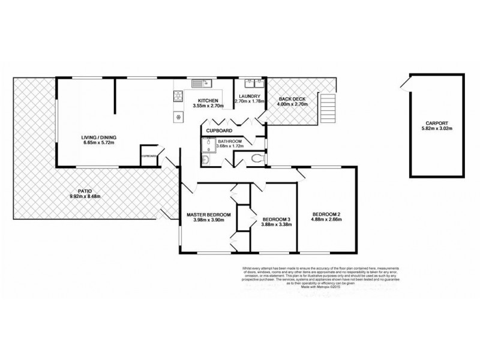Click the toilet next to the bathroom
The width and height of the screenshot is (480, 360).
[x=257, y=158]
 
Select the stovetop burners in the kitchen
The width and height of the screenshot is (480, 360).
[x=178, y=96]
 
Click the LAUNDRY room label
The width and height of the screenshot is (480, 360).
[x=248, y=97]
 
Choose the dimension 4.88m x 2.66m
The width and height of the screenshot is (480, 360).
[x=326, y=220]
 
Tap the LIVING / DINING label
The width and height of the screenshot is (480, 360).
[x=99, y=138]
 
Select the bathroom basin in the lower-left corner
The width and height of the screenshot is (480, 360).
[x=205, y=161]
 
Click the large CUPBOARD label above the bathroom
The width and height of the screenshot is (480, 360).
[x=219, y=130]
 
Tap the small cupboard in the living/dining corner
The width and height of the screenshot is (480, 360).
[x=148, y=155]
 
